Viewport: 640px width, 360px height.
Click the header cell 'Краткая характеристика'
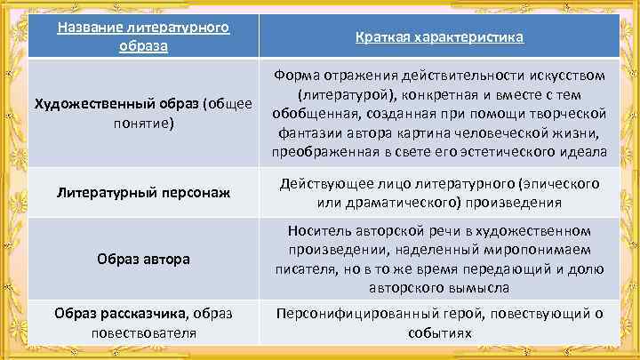pos(439,38)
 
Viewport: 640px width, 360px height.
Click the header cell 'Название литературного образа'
pos(142,36)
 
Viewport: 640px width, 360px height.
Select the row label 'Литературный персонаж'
pos(142,191)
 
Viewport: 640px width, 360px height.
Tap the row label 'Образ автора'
pos(142,260)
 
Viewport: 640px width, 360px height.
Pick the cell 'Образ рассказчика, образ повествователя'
pos(142,324)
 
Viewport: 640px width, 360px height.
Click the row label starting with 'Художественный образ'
pos(142,113)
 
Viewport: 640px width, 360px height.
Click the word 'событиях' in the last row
pos(440,333)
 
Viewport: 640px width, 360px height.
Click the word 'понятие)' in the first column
pos(142,124)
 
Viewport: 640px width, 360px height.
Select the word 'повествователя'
pos(142,333)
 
